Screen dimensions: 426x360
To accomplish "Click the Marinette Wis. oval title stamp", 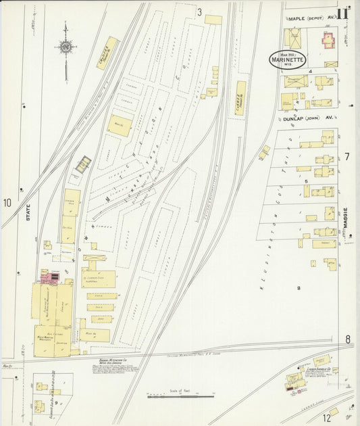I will point(287,60).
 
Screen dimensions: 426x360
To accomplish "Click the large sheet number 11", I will point(343,12).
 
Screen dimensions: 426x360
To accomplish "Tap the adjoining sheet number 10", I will point(7,203).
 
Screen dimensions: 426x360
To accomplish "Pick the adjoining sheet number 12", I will point(327,418).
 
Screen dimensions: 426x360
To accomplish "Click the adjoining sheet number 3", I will point(199,12).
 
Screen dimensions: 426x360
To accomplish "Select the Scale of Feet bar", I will point(180,396).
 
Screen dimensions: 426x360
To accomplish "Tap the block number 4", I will point(309,70).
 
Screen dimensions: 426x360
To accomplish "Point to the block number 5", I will point(305,181).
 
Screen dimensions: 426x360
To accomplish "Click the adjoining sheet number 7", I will point(347,157).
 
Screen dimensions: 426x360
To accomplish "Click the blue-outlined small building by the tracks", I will point(83,164).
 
